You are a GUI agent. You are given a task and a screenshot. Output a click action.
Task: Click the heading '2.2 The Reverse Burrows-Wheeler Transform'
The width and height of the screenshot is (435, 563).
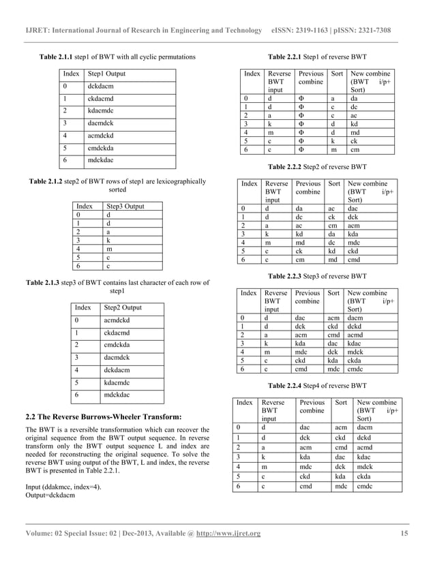(103, 416)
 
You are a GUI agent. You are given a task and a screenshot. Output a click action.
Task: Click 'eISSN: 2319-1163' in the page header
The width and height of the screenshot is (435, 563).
(305, 31)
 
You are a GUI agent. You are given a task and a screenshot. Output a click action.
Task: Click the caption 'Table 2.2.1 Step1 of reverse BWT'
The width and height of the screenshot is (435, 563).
(318, 56)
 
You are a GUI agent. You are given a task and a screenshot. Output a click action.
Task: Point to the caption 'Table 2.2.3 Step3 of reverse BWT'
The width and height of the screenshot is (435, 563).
(318, 277)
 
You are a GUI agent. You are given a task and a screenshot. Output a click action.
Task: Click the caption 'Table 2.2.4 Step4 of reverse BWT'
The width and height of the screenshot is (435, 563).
(318, 385)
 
